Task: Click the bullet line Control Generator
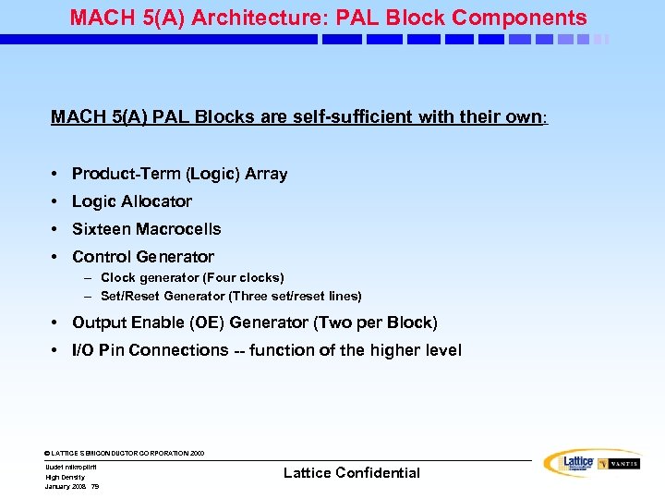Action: tap(142, 257)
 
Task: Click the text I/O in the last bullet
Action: tap(84, 350)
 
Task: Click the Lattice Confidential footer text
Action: tap(351, 473)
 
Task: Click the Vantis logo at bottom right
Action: tap(618, 463)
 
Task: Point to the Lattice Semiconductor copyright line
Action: tap(124, 453)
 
